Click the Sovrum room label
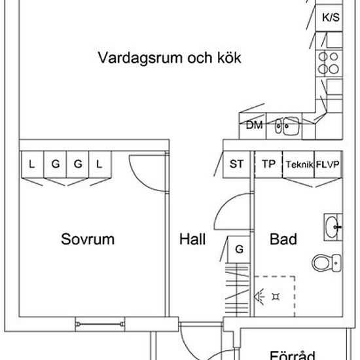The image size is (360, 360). (88, 239)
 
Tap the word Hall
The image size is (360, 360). (192, 239)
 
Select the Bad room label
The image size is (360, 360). (283, 239)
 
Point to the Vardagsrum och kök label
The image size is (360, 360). (170, 58)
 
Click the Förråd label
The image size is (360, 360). (293, 355)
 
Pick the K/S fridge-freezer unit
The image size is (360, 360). (329, 18)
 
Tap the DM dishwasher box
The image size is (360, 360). (253, 126)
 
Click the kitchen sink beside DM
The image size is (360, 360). (287, 126)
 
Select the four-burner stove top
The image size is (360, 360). (329, 63)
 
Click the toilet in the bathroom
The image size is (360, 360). (326, 263)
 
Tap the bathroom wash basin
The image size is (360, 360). (333, 227)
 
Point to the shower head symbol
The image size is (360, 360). (259, 297)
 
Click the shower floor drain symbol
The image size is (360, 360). (276, 297)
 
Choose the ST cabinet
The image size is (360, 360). (237, 164)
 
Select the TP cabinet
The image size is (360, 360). (268, 164)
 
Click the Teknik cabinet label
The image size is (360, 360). (299, 164)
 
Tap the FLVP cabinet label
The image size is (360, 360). (328, 164)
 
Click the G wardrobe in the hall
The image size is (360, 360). (238, 249)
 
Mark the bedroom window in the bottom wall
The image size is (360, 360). (100, 324)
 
